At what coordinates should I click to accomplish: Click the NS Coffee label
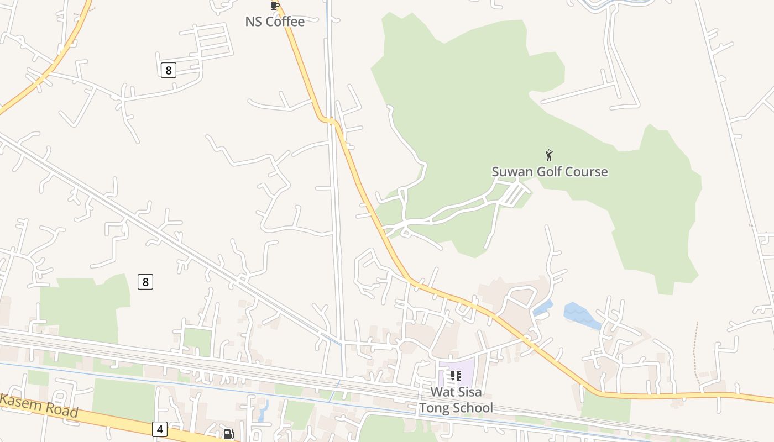pyautogui.click(x=275, y=22)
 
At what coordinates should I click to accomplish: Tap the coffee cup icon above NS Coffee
pyautogui.click(x=274, y=6)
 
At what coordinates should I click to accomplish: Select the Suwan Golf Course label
pyautogui.click(x=550, y=171)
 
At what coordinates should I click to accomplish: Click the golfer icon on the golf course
pyautogui.click(x=549, y=155)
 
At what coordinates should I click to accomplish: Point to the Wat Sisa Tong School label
pyautogui.click(x=456, y=400)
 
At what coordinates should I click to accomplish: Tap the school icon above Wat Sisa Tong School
pyautogui.click(x=456, y=376)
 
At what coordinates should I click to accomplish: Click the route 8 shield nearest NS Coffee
pyautogui.click(x=169, y=70)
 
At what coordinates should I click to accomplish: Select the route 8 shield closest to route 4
pyautogui.click(x=145, y=282)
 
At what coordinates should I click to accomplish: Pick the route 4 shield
pyautogui.click(x=159, y=429)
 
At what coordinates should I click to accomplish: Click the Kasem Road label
pyautogui.click(x=39, y=406)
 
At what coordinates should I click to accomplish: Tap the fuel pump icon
pyautogui.click(x=228, y=434)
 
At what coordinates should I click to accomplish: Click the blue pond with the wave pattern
pyautogui.click(x=580, y=315)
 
